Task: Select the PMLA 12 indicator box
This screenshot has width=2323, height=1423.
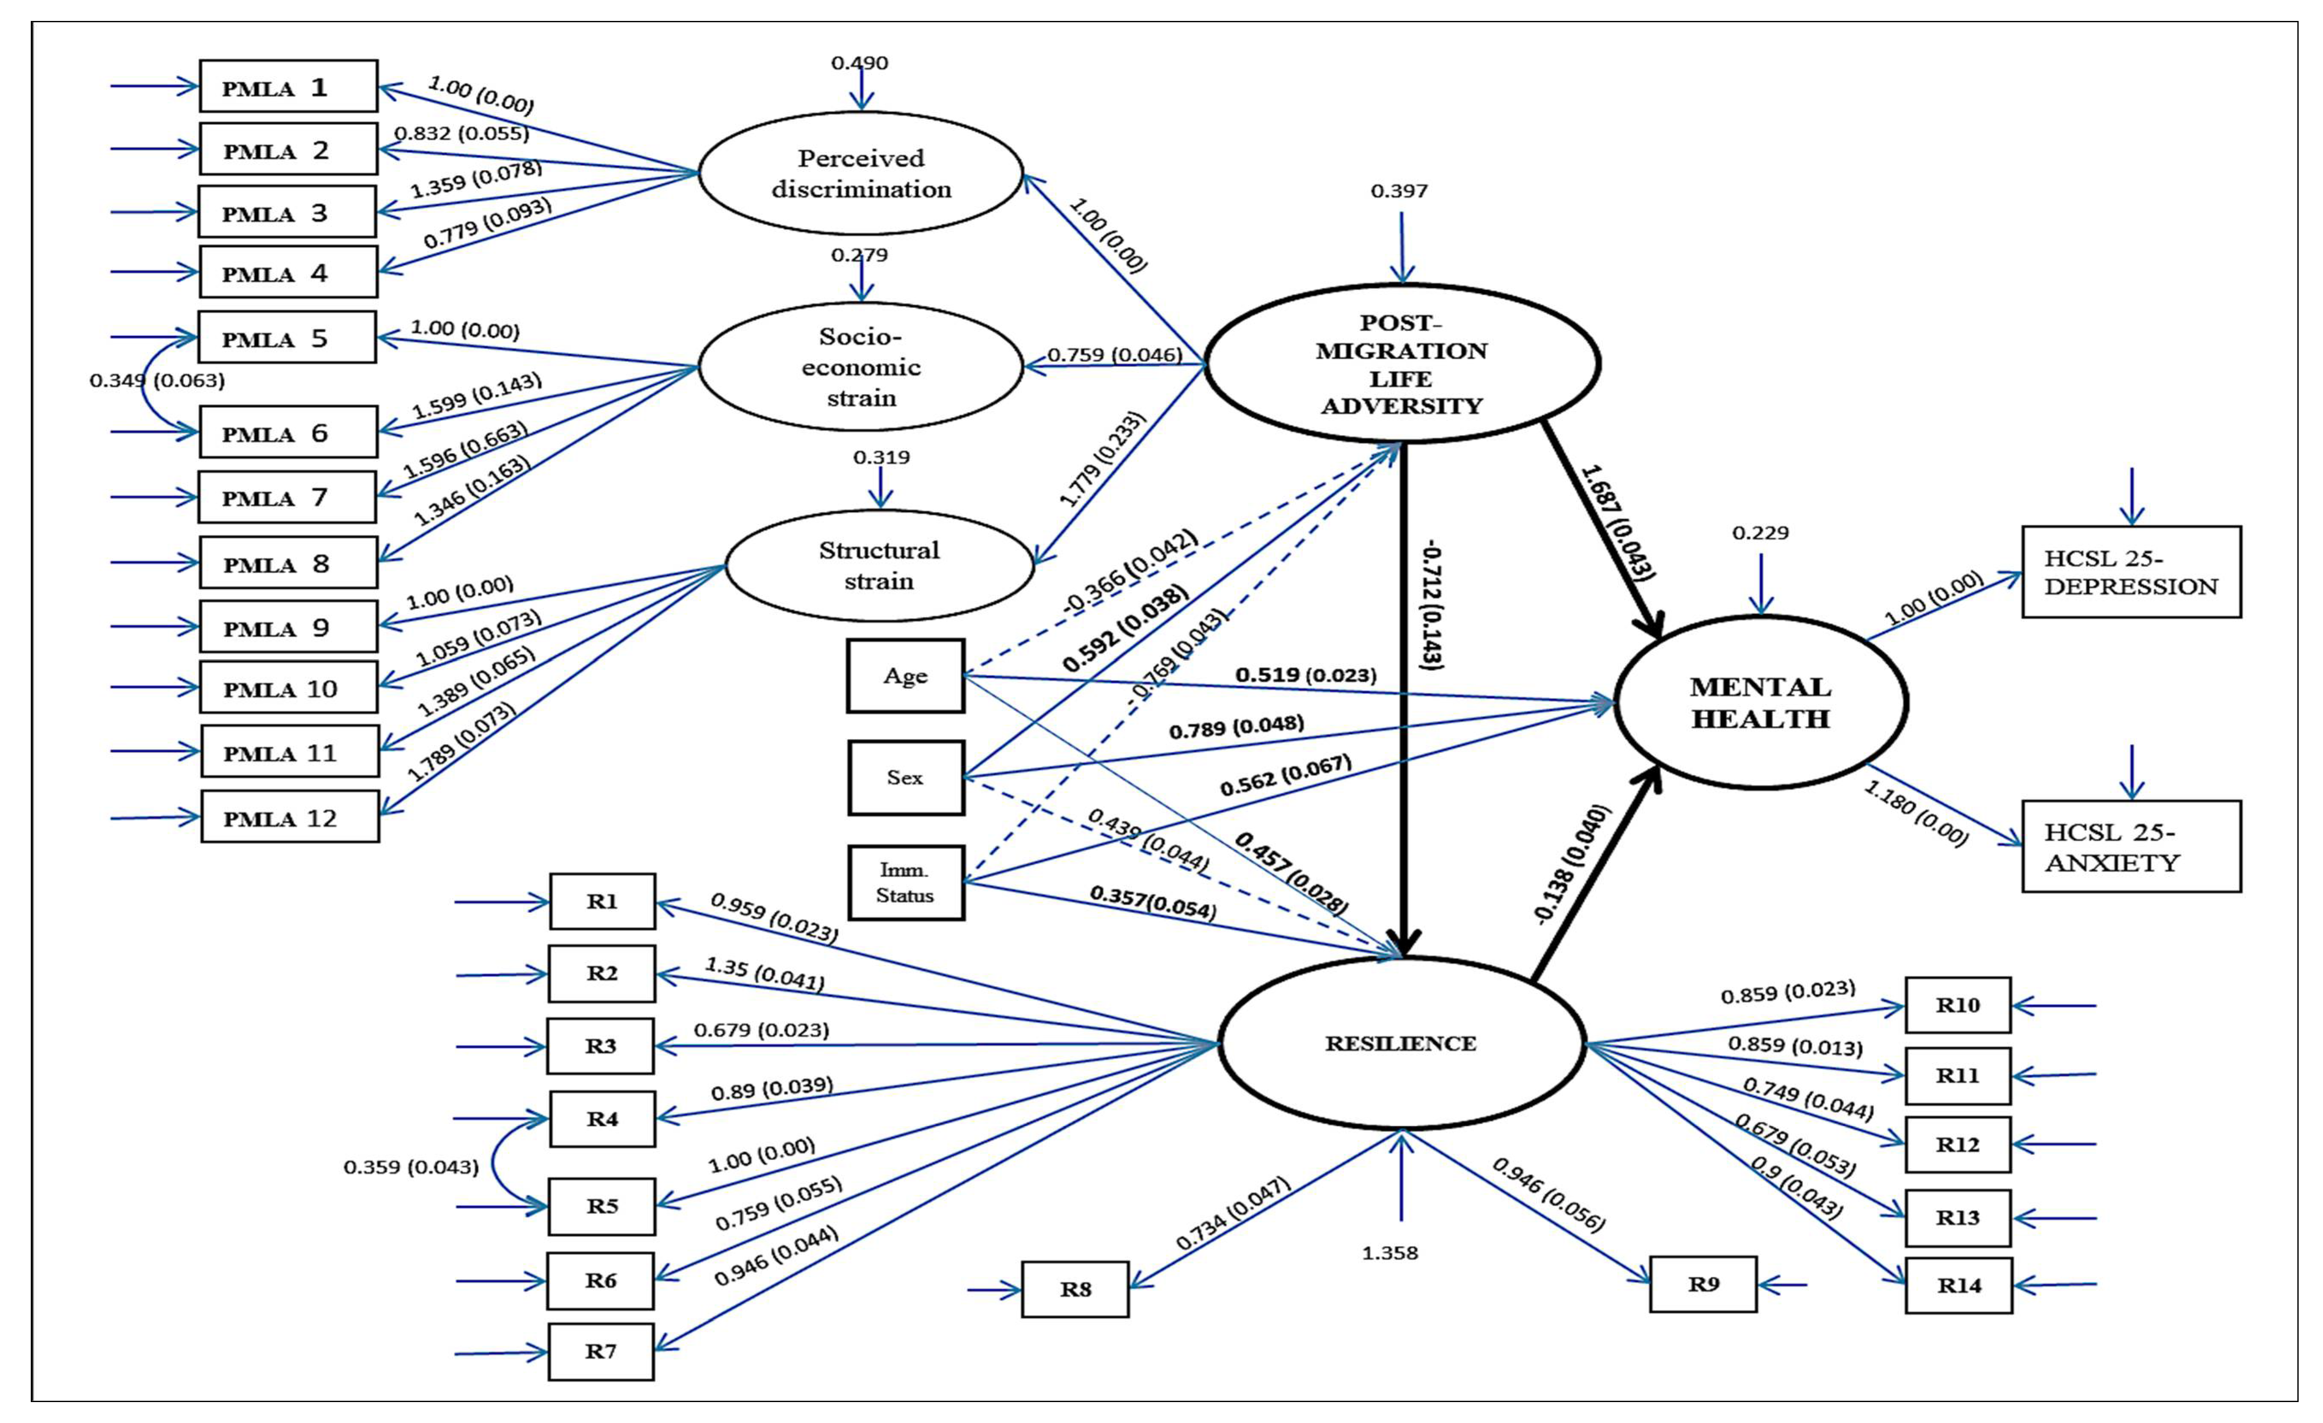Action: pos(289,816)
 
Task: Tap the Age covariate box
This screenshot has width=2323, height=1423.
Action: pos(905,676)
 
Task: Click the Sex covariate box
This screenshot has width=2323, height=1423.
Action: pos(905,778)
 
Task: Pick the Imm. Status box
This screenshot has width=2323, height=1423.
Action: pos(905,883)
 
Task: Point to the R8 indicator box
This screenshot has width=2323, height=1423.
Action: pos(1075,1289)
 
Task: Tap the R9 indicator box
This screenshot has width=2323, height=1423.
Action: pos(1703,1285)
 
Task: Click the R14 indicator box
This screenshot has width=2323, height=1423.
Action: pos(1958,1285)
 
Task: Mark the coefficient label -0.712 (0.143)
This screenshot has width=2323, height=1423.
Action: pos(1431,607)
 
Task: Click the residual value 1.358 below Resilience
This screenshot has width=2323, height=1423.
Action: pos(1390,1253)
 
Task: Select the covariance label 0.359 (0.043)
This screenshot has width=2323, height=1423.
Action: pos(411,1167)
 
